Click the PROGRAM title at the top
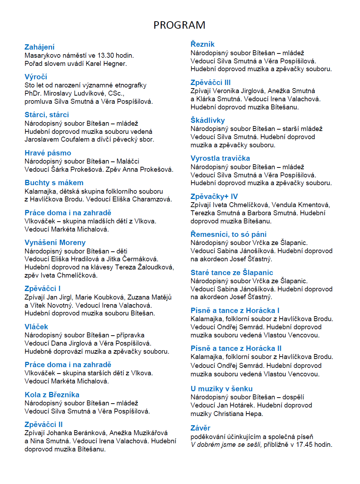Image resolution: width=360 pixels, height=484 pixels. click(x=179, y=25)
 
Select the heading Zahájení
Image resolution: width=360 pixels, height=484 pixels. click(x=39, y=47)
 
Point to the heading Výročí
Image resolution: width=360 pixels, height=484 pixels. click(x=36, y=77)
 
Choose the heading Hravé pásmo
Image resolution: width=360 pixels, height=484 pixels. click(x=48, y=153)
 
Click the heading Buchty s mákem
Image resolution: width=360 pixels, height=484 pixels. click(x=54, y=183)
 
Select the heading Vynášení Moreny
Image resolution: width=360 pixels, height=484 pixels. click(x=55, y=243)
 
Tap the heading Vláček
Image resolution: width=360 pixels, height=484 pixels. click(x=36, y=327)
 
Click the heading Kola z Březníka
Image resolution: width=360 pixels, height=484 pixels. click(x=52, y=395)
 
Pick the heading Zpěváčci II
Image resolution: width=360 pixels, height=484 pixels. click(x=44, y=425)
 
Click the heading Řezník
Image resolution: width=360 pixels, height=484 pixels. click(x=202, y=44)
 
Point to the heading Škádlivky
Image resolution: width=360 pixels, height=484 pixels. click(x=207, y=120)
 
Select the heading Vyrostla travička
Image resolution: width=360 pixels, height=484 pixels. click(x=220, y=158)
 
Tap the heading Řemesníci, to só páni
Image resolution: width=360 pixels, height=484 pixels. click(x=228, y=234)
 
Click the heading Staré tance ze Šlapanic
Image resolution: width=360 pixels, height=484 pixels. click(x=232, y=273)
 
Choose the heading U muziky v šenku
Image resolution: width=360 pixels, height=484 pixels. click(x=221, y=389)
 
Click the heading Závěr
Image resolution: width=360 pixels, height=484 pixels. click(x=200, y=428)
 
